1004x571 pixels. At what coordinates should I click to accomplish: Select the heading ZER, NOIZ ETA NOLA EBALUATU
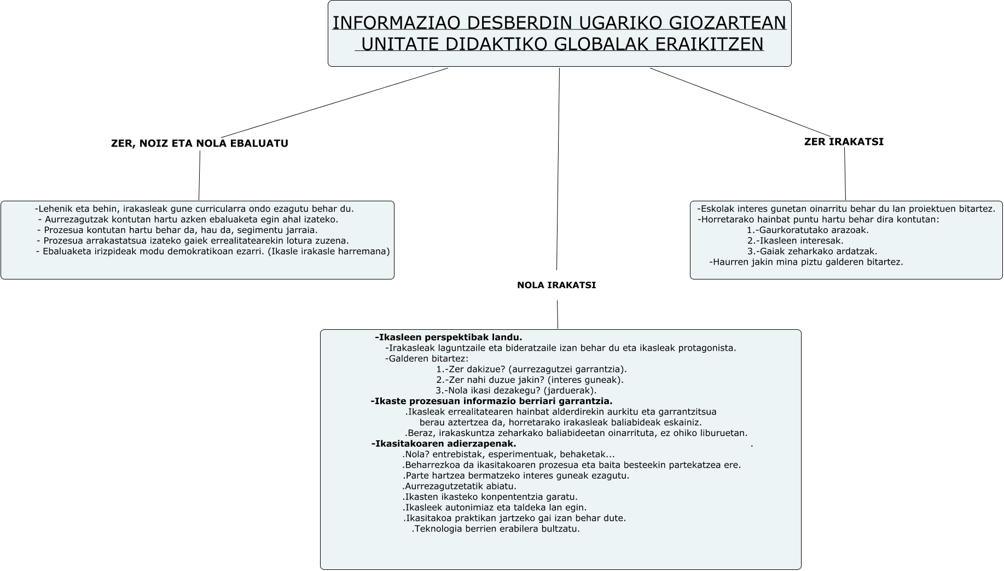pyautogui.click(x=200, y=143)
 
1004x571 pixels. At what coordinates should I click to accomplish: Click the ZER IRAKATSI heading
pyautogui.click(x=844, y=142)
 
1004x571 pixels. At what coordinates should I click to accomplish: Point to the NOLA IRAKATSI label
pyautogui.click(x=556, y=285)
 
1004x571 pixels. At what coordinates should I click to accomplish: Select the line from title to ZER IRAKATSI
pyautogui.click(x=739, y=102)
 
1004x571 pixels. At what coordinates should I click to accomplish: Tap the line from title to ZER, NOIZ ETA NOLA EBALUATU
pyautogui.click(x=334, y=103)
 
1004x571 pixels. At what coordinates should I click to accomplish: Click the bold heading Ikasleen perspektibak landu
pyautogui.click(x=449, y=337)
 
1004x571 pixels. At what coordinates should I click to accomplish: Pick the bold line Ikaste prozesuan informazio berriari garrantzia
pyautogui.click(x=491, y=401)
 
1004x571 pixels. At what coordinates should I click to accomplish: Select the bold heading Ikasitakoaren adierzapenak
pyautogui.click(x=444, y=444)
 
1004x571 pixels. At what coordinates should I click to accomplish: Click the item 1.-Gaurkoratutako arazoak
pyautogui.click(x=808, y=230)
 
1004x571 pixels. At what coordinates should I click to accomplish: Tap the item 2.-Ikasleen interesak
pyautogui.click(x=795, y=241)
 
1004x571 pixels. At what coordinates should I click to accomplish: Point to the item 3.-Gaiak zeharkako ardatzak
pyautogui.click(x=812, y=252)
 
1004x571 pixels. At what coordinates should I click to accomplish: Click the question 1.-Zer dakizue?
pyautogui.click(x=531, y=369)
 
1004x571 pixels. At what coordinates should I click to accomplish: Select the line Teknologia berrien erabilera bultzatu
pyautogui.click(x=496, y=529)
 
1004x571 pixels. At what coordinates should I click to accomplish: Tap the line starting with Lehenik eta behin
pyautogui.click(x=194, y=209)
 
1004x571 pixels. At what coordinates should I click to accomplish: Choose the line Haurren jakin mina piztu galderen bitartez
pyautogui.click(x=806, y=262)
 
